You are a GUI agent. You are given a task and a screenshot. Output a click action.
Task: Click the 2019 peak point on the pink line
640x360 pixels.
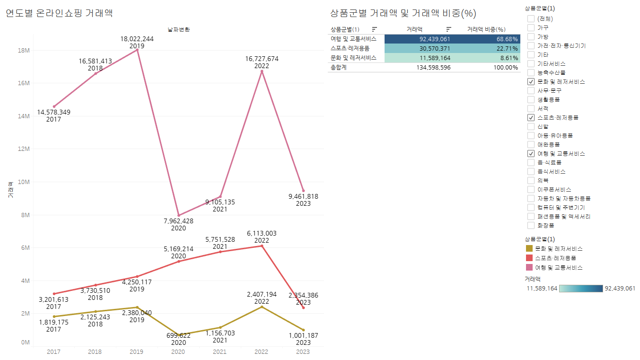pos(137,50)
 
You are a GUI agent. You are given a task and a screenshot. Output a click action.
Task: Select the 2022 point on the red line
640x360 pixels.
pos(262,246)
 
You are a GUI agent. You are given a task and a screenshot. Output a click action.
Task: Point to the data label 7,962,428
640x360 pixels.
pos(178,221)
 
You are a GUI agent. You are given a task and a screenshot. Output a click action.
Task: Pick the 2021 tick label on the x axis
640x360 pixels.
pos(220,351)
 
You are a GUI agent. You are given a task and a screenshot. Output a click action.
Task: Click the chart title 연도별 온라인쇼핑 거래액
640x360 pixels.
pos(59,13)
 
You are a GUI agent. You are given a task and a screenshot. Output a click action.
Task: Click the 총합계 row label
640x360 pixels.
pos(339,67)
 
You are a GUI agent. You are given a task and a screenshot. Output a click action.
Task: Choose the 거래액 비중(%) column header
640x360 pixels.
pos(486,29)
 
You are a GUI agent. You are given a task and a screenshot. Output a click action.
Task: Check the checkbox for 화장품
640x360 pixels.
pos(531,225)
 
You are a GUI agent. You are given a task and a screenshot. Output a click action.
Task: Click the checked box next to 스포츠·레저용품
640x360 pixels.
pos(531,117)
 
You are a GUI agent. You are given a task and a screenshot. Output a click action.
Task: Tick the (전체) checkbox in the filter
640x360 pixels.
pos(531,19)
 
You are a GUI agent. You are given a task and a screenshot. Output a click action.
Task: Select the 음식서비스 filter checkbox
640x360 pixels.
pos(531,171)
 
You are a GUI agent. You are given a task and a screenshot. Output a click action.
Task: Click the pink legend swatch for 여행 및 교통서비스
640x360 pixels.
pos(529,267)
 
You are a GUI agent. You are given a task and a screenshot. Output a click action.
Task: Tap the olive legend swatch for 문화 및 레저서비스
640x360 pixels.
pos(529,248)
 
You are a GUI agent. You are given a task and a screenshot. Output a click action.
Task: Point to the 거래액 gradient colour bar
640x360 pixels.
pos(580,289)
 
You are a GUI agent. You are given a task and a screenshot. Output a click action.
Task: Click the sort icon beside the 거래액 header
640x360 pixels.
pos(449,29)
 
